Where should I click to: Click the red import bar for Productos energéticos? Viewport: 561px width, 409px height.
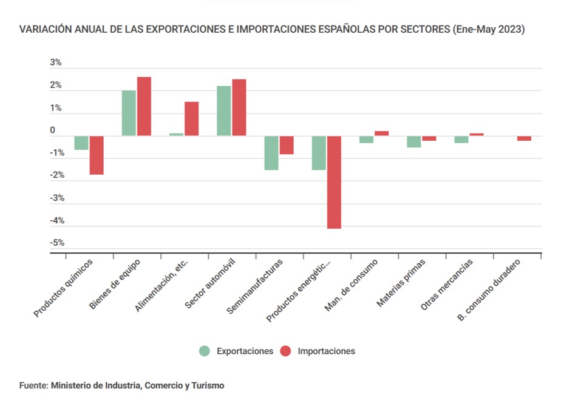click(x=333, y=182)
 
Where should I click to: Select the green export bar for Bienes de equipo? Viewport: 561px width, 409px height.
click(x=129, y=113)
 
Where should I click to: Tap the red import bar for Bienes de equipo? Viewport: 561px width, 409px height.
click(x=144, y=106)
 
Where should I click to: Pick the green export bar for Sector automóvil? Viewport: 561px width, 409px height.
click(x=223, y=110)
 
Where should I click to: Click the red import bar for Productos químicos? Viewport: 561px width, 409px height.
click(x=97, y=155)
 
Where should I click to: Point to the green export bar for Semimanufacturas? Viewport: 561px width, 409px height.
click(x=271, y=152)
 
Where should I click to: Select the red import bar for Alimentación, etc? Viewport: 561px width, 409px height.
click(x=191, y=118)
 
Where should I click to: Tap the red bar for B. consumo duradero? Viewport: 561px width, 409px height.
click(x=524, y=138)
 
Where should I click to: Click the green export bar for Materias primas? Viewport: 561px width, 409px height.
click(x=414, y=141)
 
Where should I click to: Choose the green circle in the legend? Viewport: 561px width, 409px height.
click(x=205, y=351)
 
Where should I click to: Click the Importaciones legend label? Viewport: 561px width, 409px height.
click(x=326, y=351)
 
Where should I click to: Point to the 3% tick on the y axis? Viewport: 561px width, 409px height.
click(x=55, y=63)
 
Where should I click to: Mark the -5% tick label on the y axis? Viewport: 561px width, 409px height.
click(x=56, y=243)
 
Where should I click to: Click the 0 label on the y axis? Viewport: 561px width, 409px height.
click(x=52, y=130)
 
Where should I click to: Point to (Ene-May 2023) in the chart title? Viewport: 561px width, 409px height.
click(x=489, y=29)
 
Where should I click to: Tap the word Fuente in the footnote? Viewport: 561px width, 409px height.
click(x=33, y=385)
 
